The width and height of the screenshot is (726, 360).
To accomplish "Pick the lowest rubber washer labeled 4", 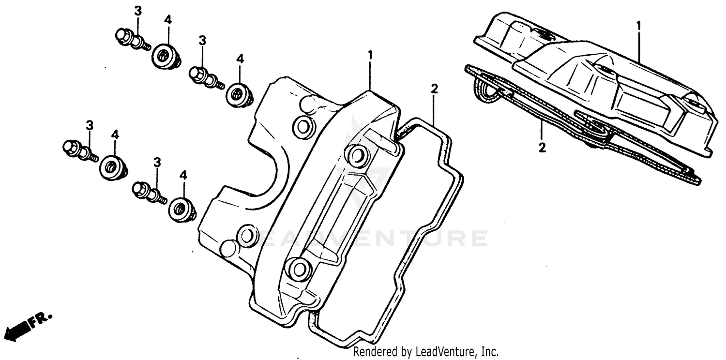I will pos(182,209).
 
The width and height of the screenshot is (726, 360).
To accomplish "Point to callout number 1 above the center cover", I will pos(370,56).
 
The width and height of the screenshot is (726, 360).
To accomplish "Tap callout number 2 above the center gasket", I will pos(434,89).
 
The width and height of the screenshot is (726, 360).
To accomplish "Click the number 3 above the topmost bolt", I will pos(138,11).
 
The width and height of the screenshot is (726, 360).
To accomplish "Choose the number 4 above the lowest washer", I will pos(183,175).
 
